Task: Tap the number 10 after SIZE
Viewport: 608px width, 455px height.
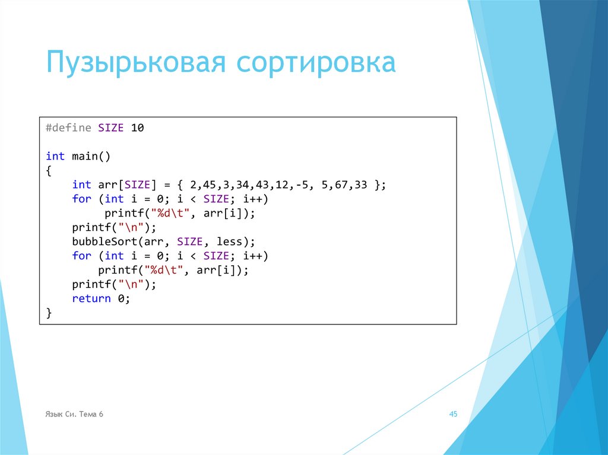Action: coord(137,128)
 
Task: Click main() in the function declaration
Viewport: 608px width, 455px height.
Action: coord(91,156)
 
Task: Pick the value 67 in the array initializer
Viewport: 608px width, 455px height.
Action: coord(341,185)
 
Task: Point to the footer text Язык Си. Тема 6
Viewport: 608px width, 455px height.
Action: coord(74,414)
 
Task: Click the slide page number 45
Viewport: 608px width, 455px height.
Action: coord(453,414)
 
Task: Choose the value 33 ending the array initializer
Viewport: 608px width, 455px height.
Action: coord(361,185)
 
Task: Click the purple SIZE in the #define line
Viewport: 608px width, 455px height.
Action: coord(111,128)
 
